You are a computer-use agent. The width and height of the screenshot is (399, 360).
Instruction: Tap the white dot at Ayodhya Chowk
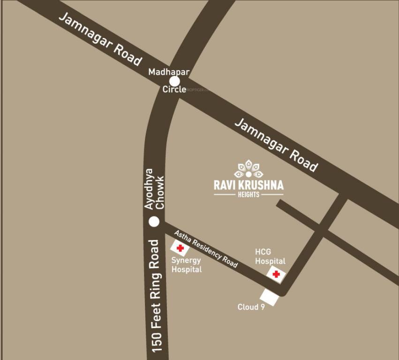click(154, 222)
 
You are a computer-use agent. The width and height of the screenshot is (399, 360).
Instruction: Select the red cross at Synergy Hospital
click(180, 248)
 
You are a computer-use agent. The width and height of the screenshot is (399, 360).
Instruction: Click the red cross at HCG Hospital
click(276, 274)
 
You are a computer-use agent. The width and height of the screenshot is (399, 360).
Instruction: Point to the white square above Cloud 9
click(270, 297)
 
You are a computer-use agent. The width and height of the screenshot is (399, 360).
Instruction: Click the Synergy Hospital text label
click(186, 265)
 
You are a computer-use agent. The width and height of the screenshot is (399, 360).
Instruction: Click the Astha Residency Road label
click(206, 249)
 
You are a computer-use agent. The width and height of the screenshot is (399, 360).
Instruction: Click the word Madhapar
click(168, 72)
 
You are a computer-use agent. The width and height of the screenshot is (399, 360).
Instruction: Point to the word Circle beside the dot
click(174, 89)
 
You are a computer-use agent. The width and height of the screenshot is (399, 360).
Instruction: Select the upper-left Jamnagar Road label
click(99, 39)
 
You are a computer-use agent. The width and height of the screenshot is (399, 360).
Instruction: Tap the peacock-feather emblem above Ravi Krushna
click(248, 169)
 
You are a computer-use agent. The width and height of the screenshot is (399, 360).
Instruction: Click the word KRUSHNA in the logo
click(260, 185)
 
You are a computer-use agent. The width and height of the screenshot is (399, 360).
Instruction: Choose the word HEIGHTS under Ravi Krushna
click(248, 194)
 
